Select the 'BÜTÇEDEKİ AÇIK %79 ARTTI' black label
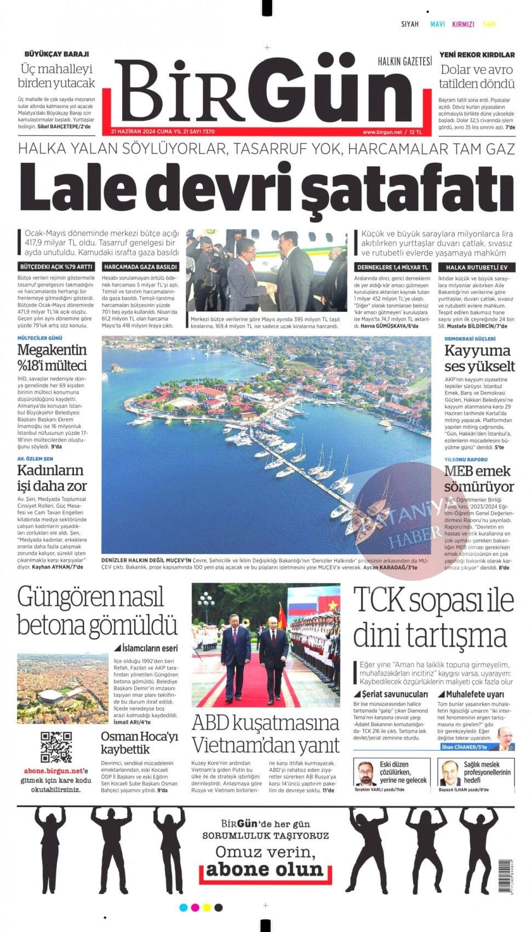tap(56, 267)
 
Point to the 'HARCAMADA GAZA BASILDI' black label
tap(140, 267)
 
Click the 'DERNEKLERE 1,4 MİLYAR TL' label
tap(392, 268)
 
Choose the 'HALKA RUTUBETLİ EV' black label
tap(473, 268)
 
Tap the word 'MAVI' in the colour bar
tap(437, 24)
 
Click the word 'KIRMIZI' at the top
tap(463, 24)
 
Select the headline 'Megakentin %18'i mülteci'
tap(52, 357)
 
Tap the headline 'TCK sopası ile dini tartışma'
tap(433, 617)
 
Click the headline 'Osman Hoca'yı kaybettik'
tap(140, 743)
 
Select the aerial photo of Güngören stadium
tap(62, 689)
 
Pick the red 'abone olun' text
tap(265, 870)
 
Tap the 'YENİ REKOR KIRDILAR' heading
tap(477, 55)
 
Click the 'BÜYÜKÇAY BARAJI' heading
tap(56, 54)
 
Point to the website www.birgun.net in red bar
tap(382, 132)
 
